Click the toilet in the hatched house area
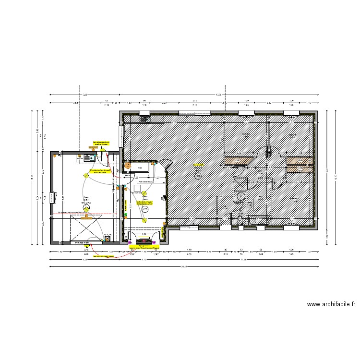pyautogui.click(x=240, y=219)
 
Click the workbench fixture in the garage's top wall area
pyautogui.click(x=89, y=156)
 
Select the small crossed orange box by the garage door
pyautogui.click(x=107, y=235)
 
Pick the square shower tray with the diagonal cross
pyautogui.click(x=240, y=184)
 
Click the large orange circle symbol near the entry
pyautogui.click(x=128, y=166)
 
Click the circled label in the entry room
pyautogui.click(x=145, y=210)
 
